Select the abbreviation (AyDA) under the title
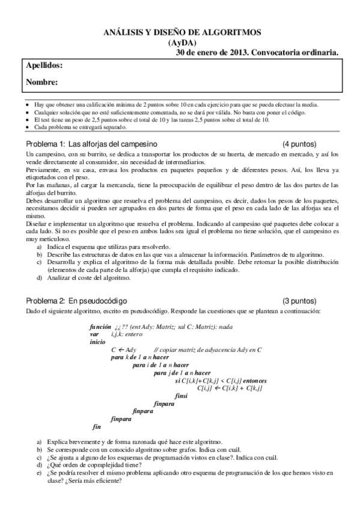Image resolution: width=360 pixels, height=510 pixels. coord(180,43)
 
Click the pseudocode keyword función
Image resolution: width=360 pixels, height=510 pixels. coord(99,325)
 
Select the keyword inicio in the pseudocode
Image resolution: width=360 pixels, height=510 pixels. coord(97,340)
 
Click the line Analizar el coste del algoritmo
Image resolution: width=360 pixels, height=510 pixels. coord(88,278)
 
